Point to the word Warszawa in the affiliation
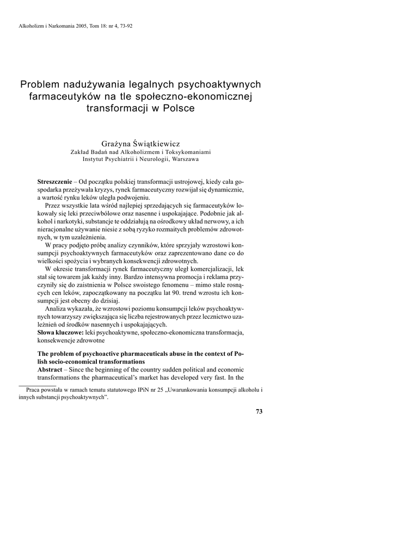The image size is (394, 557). [181, 160]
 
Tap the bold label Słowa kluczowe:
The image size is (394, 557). [60, 332]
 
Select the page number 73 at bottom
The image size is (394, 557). [259, 412]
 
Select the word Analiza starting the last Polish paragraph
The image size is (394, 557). [57, 309]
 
